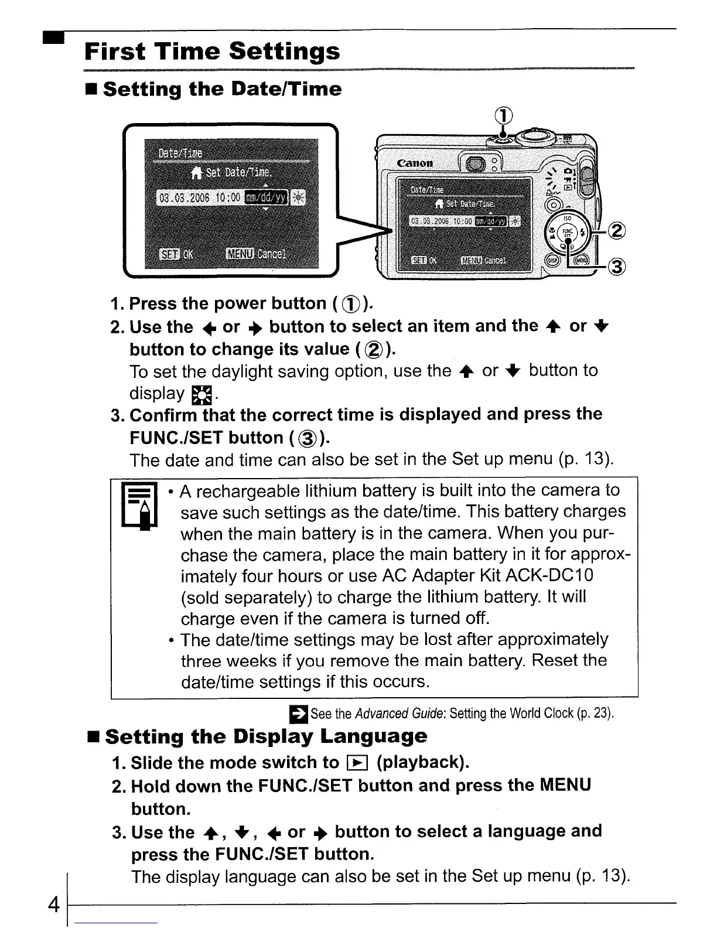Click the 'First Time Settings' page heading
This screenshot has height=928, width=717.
click(x=212, y=51)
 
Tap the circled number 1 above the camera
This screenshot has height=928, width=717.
click(x=506, y=116)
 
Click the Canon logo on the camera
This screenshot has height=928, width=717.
click(x=415, y=163)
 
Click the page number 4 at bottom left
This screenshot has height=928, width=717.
click(x=53, y=905)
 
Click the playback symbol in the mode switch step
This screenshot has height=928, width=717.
click(x=356, y=762)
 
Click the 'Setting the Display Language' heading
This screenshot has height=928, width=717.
click(x=266, y=736)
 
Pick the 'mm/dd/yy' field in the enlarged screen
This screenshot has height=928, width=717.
click(x=266, y=197)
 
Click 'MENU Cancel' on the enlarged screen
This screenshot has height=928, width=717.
click(x=256, y=254)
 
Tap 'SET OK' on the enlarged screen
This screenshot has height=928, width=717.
click(x=176, y=254)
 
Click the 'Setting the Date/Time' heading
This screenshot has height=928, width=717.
click(x=221, y=89)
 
